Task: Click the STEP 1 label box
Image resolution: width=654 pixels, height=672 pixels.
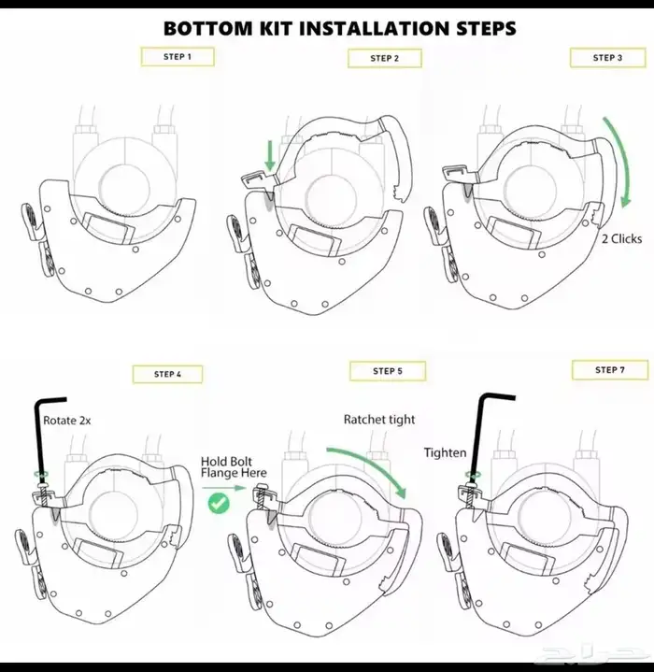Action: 178,57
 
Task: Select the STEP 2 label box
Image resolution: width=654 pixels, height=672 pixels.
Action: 385,58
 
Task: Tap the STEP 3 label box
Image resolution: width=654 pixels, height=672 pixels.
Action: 607,57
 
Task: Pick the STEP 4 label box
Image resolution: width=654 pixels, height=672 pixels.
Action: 167,374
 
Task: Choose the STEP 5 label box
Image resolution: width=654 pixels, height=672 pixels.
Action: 388,371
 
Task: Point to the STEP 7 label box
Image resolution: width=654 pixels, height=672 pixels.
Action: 610,370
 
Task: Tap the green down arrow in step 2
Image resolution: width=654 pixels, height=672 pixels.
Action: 270,156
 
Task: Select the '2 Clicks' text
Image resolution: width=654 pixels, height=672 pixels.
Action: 622,238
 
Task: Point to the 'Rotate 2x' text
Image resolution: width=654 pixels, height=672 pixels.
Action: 67,421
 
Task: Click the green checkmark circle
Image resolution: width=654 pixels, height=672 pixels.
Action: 219,503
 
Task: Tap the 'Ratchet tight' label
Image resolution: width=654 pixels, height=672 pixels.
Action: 379,419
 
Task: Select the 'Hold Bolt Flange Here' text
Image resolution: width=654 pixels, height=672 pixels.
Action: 234,467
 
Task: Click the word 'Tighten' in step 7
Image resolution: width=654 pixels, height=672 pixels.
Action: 445,452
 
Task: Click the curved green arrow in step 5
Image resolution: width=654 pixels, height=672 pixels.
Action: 372,462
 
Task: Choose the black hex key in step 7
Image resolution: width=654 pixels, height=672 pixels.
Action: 479,433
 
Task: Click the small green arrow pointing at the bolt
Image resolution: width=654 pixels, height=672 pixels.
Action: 224,488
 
